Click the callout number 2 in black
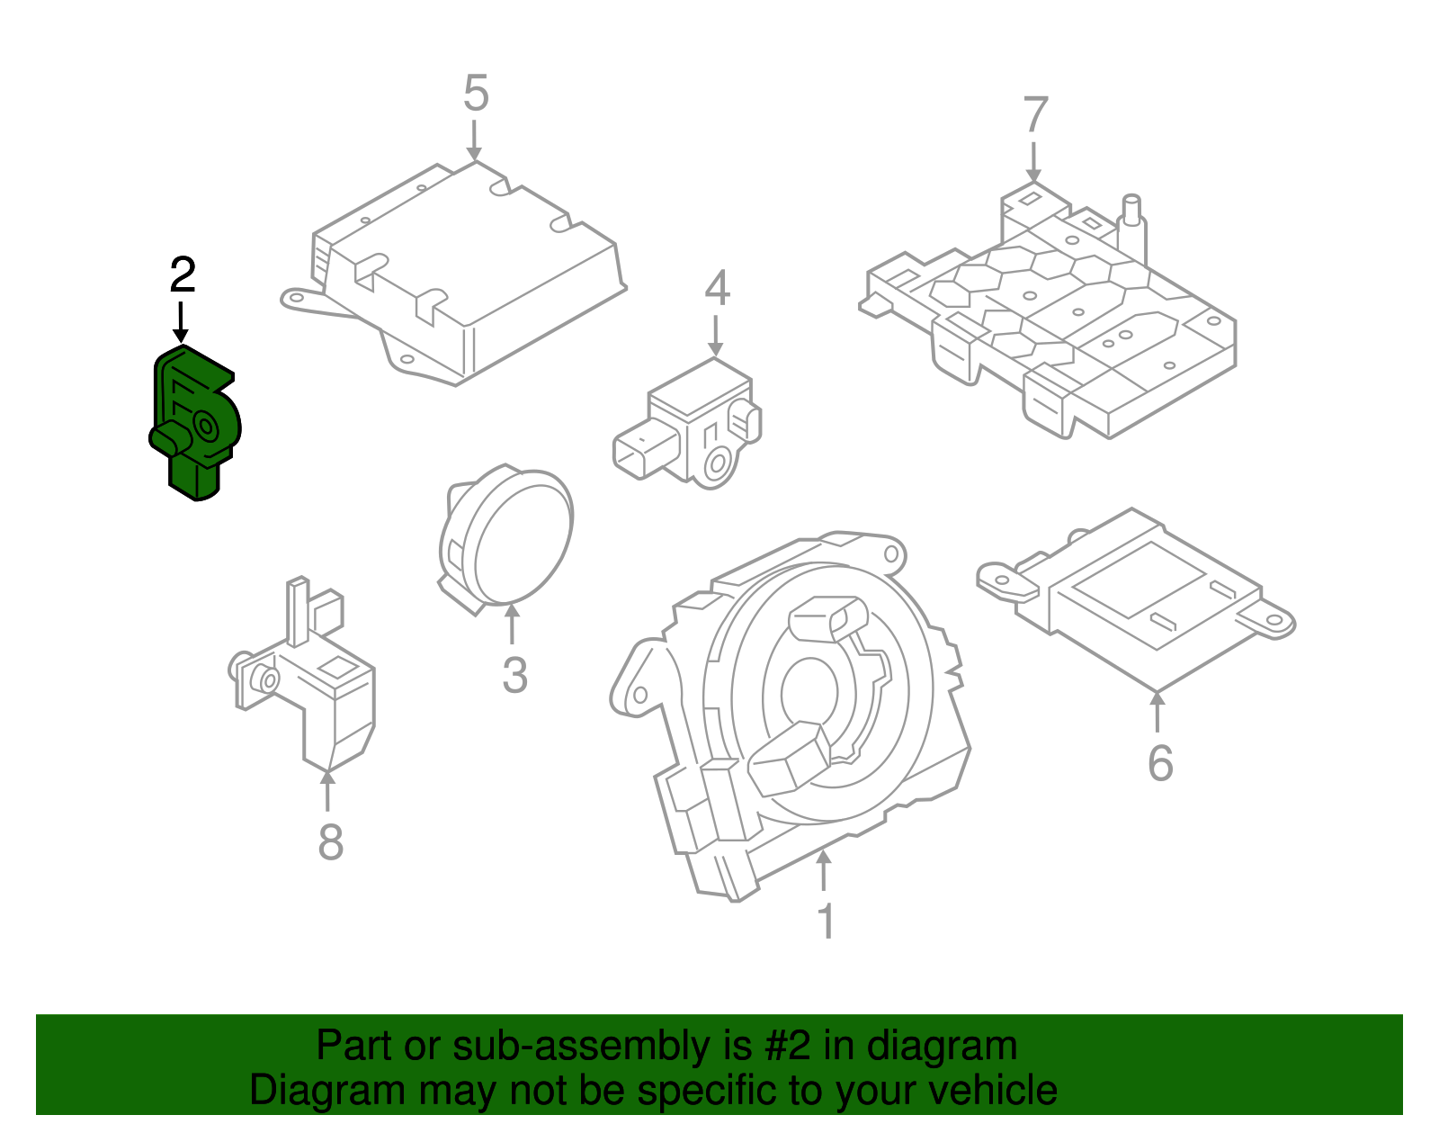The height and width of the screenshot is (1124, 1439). click(x=183, y=275)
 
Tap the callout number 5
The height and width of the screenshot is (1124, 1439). click(x=476, y=94)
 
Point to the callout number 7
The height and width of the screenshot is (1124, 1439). click(x=1036, y=116)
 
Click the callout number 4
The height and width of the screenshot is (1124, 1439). click(x=717, y=289)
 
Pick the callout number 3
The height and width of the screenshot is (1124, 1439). click(x=514, y=675)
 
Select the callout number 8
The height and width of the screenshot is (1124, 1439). click(x=331, y=843)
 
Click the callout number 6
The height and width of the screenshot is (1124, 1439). click(x=1160, y=763)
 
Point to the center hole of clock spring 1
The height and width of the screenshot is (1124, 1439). click(x=809, y=694)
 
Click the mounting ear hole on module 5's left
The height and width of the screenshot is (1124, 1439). click(x=294, y=298)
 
